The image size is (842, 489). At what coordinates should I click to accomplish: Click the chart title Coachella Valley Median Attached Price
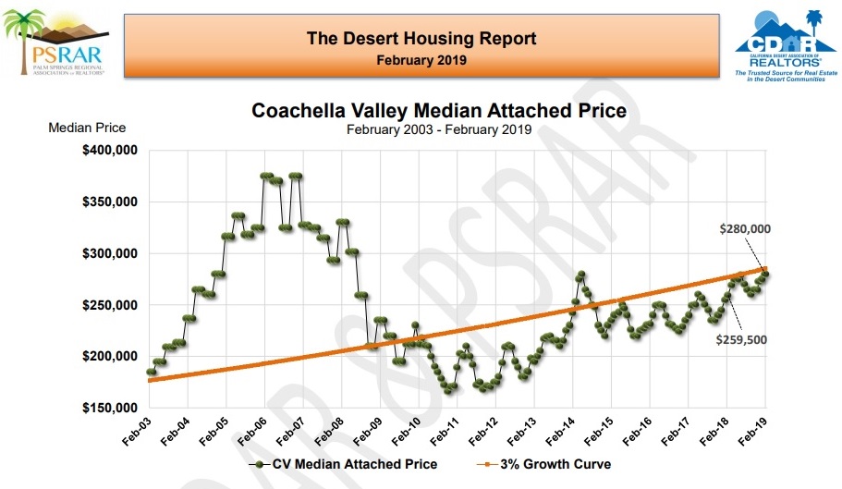(439, 111)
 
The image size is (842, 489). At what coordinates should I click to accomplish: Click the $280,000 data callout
(744, 228)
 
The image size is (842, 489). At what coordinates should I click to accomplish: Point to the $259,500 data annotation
(742, 339)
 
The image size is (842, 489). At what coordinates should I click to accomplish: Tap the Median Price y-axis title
(87, 128)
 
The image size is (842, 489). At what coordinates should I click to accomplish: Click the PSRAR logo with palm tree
(55, 42)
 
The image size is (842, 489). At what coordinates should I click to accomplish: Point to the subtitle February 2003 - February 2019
(439, 129)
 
